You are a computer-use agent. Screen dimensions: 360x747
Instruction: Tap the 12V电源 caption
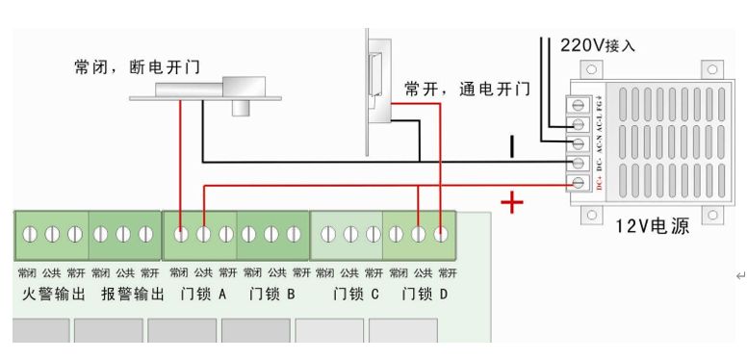tap(653, 227)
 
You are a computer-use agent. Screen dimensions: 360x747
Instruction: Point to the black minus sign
tap(513, 146)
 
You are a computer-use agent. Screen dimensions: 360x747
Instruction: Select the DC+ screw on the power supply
tap(580, 183)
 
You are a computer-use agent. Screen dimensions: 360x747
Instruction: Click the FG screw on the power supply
tap(580, 103)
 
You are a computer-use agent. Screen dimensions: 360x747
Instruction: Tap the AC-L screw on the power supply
tap(580, 124)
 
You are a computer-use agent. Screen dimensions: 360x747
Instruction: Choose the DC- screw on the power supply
tap(580, 164)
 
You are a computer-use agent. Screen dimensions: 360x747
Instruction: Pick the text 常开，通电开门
tap(467, 90)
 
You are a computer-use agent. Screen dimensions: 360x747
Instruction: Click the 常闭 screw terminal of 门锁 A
tap(181, 234)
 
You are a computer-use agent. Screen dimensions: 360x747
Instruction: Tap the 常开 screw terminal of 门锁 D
tap(441, 234)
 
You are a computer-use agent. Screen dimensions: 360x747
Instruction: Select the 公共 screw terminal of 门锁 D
tap(418, 234)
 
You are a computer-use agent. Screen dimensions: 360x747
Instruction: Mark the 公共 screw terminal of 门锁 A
tap(203, 234)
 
